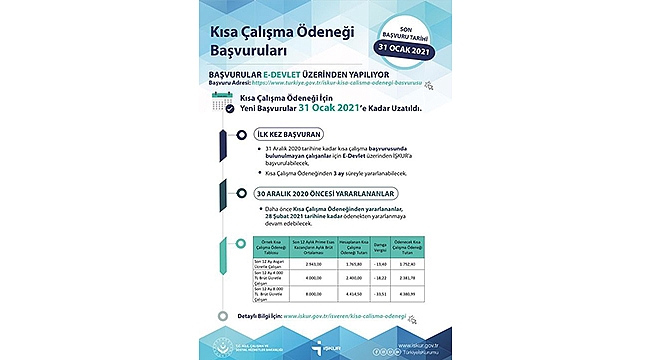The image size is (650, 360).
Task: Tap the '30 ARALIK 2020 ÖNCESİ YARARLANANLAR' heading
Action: (303, 192)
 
